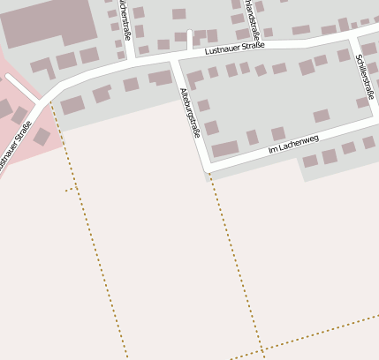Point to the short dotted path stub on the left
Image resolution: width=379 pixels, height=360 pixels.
pos(71,189)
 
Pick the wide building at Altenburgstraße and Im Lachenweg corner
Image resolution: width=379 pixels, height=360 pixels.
pos(225,148)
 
